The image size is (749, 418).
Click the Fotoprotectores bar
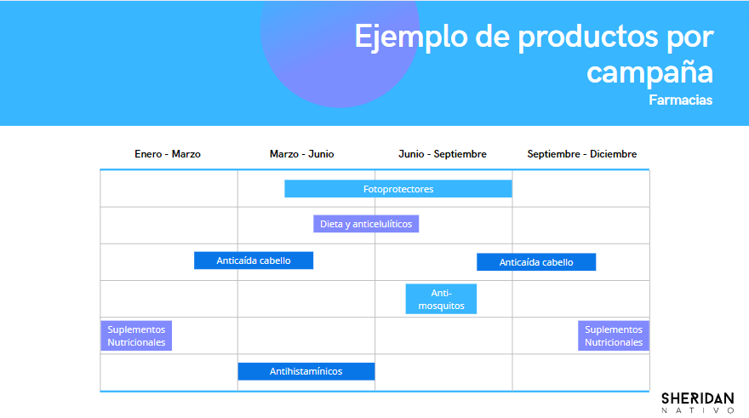[x=398, y=189]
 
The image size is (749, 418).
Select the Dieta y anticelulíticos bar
[x=366, y=224]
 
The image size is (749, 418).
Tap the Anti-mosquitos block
[x=441, y=299]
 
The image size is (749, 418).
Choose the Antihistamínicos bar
[x=306, y=371]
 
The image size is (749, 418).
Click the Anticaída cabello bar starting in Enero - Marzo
[x=254, y=261]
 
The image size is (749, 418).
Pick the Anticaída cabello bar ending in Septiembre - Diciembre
[x=536, y=262]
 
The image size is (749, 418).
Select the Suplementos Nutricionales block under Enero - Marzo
[x=136, y=335]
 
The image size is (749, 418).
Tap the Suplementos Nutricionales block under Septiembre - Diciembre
[x=614, y=335]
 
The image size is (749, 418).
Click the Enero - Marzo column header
[x=168, y=154]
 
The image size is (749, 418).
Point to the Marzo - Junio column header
[x=302, y=154]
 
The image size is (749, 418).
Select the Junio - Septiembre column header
[x=443, y=154]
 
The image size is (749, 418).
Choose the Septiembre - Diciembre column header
[x=582, y=154]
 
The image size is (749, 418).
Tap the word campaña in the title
[x=649, y=72]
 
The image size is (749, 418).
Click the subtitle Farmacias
[x=680, y=100]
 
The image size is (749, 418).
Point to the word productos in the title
[x=588, y=37]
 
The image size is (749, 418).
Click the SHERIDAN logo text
[x=697, y=399]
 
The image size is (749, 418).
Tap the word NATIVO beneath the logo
[x=697, y=410]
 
